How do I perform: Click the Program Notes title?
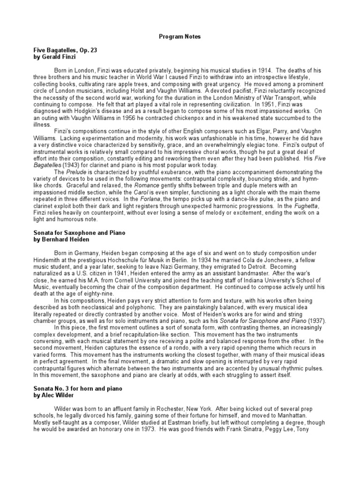(x=180, y=36)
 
